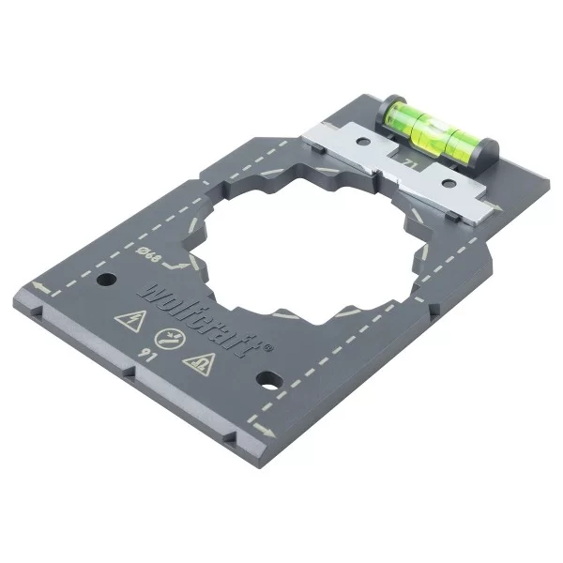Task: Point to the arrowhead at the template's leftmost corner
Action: coord(33,284)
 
